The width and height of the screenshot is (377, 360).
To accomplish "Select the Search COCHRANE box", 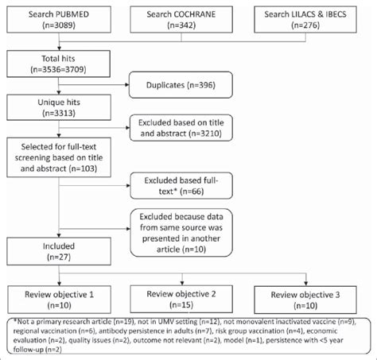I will tap(187, 22).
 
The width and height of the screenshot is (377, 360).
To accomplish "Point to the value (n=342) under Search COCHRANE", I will tap(187, 28).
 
